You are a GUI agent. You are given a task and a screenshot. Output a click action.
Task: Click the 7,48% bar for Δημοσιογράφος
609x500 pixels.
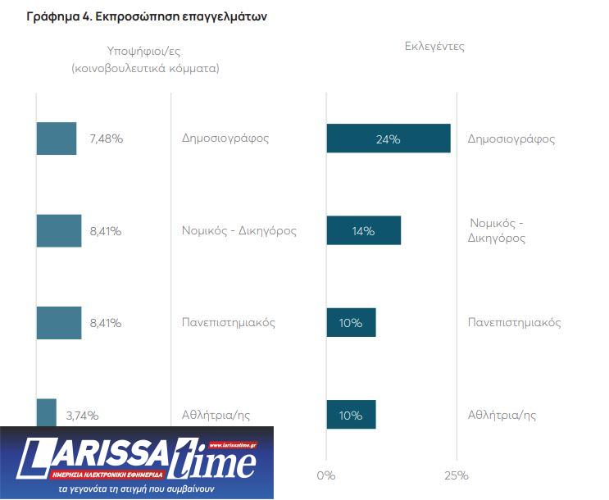click(57, 139)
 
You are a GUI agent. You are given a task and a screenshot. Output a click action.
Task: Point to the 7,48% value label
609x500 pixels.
click(107, 139)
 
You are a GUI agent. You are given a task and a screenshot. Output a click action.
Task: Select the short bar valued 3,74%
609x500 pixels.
click(47, 413)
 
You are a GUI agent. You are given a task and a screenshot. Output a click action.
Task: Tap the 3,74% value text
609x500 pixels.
click(82, 416)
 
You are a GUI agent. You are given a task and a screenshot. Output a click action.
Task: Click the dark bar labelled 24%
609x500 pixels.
click(388, 139)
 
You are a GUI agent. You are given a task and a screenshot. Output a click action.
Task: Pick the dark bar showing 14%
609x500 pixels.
click(363, 230)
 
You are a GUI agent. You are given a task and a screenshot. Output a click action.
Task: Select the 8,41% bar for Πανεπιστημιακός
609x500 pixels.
click(59, 322)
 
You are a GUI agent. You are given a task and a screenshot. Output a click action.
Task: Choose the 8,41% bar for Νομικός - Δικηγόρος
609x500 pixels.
click(59, 230)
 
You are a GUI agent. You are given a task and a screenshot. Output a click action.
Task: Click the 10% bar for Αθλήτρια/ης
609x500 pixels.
click(351, 415)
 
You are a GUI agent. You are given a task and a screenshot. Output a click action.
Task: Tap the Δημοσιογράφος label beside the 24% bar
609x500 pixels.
click(511, 139)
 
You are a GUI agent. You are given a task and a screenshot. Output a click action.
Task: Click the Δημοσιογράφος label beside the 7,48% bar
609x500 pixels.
click(225, 138)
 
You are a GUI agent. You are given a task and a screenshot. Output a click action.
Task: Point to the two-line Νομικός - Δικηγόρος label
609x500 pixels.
click(497, 230)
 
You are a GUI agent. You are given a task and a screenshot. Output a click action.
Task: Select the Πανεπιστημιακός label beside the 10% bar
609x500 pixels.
click(514, 322)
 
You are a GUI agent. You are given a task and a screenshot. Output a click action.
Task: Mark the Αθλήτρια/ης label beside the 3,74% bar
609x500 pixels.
click(216, 415)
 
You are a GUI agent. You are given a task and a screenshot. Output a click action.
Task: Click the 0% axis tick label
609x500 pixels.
click(326, 475)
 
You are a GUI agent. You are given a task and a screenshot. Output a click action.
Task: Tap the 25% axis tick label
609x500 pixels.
click(456, 475)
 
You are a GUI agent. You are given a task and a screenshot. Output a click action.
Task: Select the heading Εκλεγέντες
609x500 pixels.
click(434, 47)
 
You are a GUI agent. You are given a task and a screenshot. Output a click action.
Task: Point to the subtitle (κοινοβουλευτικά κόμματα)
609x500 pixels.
click(145, 69)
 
